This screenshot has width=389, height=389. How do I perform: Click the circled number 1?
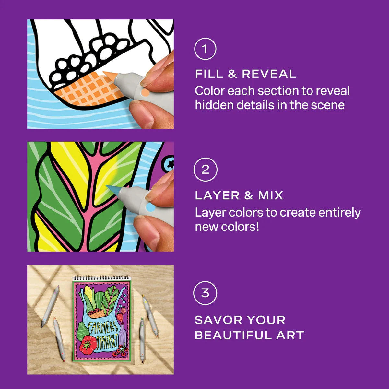point(205,49)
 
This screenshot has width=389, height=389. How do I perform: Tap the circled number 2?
point(205,170)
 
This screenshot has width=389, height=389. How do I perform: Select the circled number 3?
point(205,293)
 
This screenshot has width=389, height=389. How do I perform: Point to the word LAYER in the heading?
point(217,195)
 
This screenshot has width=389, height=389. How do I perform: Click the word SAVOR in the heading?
point(218,320)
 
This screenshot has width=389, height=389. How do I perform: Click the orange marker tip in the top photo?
point(109,75)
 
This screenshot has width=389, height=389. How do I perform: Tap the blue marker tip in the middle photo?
point(113,189)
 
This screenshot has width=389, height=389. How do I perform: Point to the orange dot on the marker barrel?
point(145,93)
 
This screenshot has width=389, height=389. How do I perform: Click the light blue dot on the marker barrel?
point(150,207)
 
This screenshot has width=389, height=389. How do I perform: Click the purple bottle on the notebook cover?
point(123,334)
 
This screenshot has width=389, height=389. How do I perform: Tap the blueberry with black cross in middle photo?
point(169,164)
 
